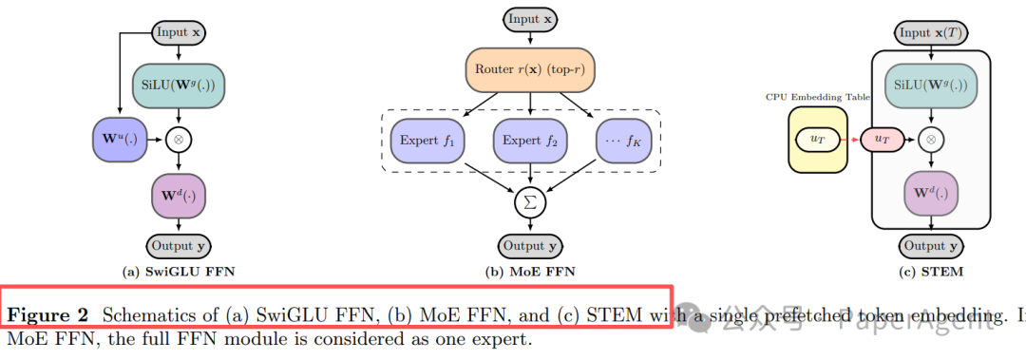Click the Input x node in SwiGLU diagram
[179, 32]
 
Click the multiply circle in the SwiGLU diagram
[179, 139]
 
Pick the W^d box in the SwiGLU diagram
[179, 197]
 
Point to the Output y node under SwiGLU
[179, 246]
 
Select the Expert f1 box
[427, 142]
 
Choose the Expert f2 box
[529, 142]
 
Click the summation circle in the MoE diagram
[529, 201]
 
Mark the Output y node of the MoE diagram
[523, 246]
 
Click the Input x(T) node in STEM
[931, 32]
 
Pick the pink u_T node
[881, 140]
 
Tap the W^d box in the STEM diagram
[932, 197]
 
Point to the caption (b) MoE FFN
[528, 273]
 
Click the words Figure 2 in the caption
[47, 314]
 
